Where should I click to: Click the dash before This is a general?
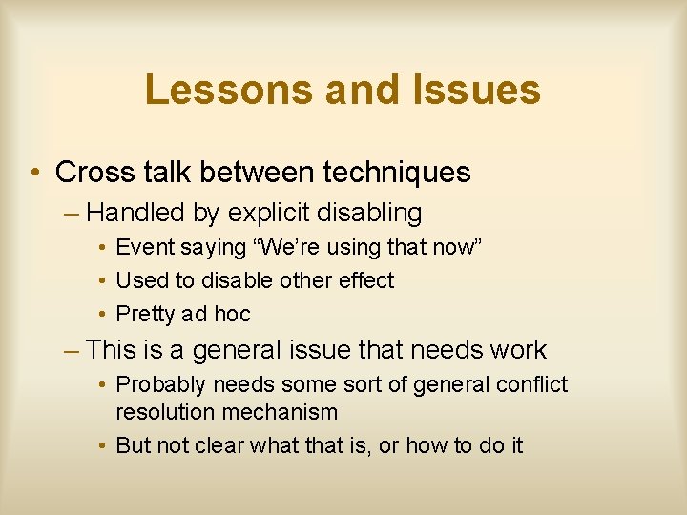tap(73, 350)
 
